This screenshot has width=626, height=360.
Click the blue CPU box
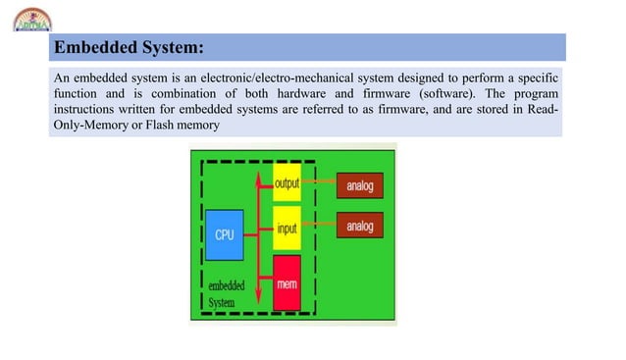point(224,234)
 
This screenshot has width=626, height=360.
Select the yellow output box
point(287,183)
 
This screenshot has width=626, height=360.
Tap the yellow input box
point(287,228)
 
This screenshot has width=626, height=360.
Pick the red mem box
point(287,283)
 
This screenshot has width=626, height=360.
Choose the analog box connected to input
point(360,227)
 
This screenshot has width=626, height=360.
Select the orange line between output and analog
point(318,182)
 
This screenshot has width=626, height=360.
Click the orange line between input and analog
point(318,228)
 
